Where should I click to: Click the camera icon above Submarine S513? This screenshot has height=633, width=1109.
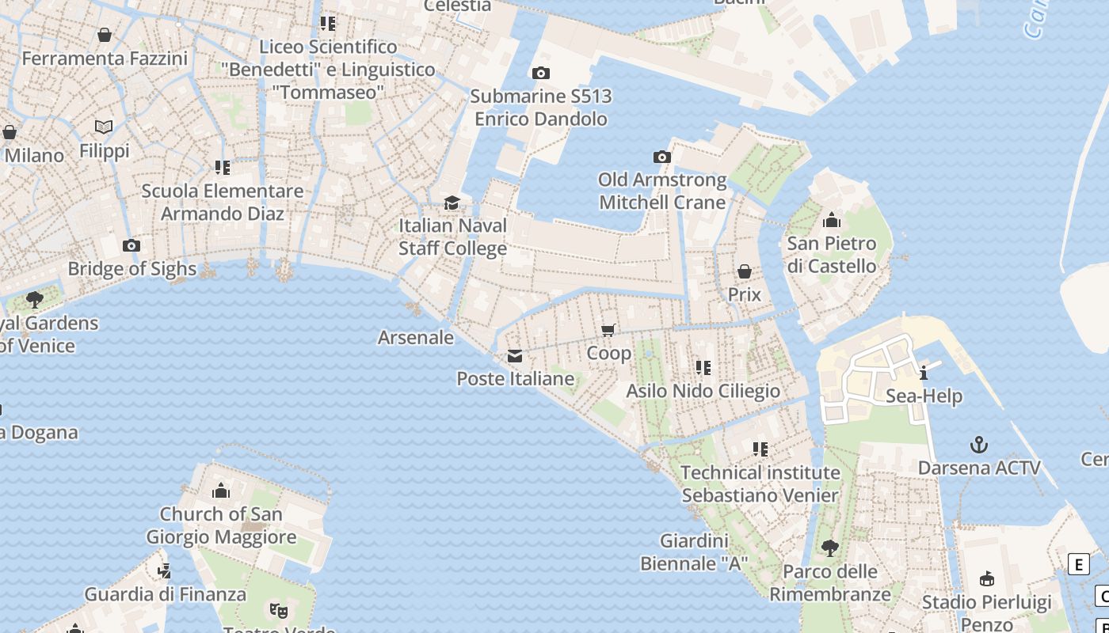click(x=541, y=74)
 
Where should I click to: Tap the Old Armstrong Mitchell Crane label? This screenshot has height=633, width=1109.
click(x=662, y=191)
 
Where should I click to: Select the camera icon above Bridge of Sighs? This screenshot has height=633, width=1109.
click(x=132, y=246)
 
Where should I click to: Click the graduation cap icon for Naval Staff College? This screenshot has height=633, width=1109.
click(x=452, y=203)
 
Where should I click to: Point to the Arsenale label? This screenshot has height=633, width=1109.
click(x=416, y=338)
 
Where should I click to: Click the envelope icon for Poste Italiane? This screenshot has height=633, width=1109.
click(x=515, y=356)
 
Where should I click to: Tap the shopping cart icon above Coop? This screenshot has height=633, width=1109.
click(x=608, y=330)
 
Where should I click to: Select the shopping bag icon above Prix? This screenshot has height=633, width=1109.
click(x=745, y=272)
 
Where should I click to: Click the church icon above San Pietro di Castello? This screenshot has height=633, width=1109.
click(x=832, y=220)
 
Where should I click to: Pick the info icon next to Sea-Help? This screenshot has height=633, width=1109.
click(x=923, y=373)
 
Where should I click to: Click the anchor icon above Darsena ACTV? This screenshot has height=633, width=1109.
click(x=979, y=445)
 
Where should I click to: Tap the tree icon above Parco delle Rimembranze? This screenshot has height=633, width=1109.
click(x=829, y=548)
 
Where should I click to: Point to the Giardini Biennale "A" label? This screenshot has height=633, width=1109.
click(x=694, y=552)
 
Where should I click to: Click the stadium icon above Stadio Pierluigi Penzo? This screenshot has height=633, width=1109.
click(x=987, y=579)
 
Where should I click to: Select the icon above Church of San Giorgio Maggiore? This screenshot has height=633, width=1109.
click(x=221, y=491)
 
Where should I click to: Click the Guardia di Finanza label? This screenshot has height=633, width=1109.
click(x=166, y=594)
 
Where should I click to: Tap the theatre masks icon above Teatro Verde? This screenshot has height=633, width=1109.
click(x=277, y=610)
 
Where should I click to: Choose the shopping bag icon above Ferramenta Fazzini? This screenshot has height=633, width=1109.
click(x=105, y=36)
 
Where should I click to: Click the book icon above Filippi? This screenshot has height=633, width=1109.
click(x=104, y=127)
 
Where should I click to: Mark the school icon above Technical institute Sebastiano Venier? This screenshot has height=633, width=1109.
click(x=760, y=449)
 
